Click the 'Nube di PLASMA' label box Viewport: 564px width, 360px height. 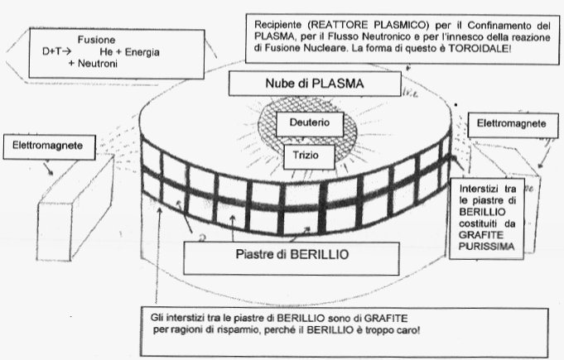coord(315,84)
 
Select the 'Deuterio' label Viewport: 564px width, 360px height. coord(310,122)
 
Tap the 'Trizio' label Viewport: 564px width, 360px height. coord(306,156)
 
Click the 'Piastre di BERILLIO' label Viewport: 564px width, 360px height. coord(292,255)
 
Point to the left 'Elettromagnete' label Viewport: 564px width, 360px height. coord(47,146)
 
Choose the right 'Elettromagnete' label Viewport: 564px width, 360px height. coord(511,123)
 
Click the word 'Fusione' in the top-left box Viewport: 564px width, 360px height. coord(96,40)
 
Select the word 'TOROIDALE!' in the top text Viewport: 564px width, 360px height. coord(480,49)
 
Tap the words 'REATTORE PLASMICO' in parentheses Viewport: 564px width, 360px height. coord(369,25)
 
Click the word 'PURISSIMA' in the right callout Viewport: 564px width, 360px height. coord(486,247)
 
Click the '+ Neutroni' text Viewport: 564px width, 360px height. coord(93,64)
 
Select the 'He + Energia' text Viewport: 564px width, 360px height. coord(129,52)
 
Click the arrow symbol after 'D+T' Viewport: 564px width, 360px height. coord(66,52)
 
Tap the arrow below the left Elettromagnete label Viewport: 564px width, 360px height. coord(48,169)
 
